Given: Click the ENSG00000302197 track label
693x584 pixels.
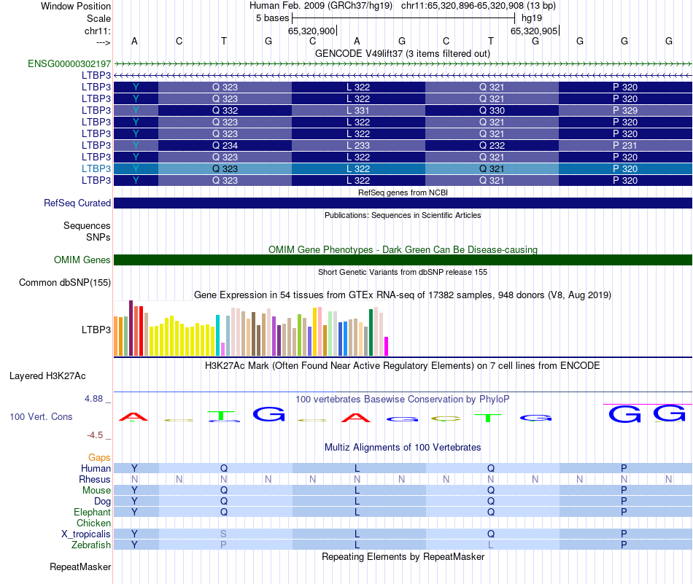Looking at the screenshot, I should pos(69,63).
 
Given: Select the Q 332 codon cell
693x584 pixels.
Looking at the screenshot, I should pos(225,110).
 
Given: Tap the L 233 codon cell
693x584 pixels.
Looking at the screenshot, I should pos(357,145).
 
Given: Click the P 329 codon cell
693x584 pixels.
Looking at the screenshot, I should pos(625,110).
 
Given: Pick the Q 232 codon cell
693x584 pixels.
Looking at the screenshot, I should pos(491,145).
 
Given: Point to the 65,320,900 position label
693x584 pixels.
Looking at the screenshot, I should pos(312,31).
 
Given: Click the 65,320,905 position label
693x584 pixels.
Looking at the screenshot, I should pos(535,31).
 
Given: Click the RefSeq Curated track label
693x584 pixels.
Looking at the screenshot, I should pos(76,203).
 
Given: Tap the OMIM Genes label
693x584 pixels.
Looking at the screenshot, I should pos(82,260).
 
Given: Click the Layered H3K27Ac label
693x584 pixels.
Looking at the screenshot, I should pos(47,376).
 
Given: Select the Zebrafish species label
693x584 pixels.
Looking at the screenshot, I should pos(91,545).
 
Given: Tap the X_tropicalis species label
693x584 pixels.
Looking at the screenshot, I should pos(86,534).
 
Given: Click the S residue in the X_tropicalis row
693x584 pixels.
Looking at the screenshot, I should pos(224,534).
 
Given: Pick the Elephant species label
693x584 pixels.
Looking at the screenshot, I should pos(92,512).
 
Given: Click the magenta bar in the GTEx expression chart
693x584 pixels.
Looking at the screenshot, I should pos(387,346).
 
